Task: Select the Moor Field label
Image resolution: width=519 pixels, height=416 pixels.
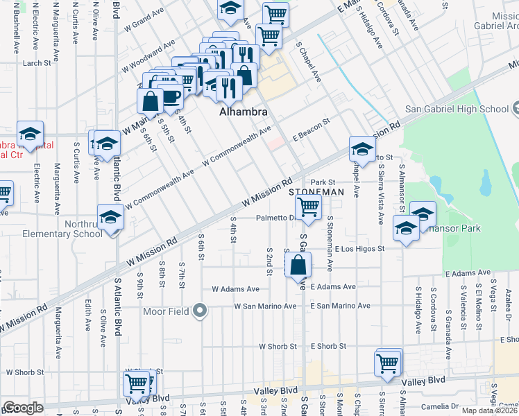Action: [167, 311]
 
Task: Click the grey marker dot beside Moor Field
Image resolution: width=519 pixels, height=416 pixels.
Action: [201, 311]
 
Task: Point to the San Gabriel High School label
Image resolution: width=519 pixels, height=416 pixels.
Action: [458, 109]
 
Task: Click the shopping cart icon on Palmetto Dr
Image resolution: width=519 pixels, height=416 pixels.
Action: [308, 206]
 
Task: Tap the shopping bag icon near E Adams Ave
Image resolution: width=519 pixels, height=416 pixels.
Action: [298, 264]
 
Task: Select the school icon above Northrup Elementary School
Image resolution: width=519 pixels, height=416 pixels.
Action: [110, 216]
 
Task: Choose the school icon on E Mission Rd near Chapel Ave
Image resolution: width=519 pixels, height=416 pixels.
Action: [361, 148]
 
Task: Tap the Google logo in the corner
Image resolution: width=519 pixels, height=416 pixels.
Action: [23, 408]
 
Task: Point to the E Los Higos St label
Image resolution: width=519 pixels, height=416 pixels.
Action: [359, 248]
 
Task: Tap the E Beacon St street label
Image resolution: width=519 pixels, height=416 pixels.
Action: [310, 127]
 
